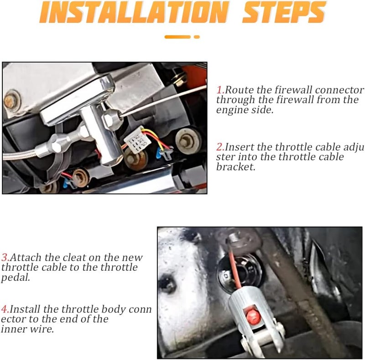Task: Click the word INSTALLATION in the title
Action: click(134, 12)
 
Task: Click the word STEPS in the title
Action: click(284, 12)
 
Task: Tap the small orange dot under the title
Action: click(197, 37)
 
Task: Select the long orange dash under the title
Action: click(177, 37)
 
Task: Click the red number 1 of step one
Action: click(220, 90)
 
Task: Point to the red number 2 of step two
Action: click(220, 147)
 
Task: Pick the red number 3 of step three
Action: click(5, 257)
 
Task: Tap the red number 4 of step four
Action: click(5, 309)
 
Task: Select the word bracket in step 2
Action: click(235, 167)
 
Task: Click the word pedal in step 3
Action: click(16, 278)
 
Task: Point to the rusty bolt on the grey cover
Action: click(11, 100)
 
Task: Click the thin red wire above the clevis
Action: click(235, 267)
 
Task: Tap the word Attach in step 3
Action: click(26, 257)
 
